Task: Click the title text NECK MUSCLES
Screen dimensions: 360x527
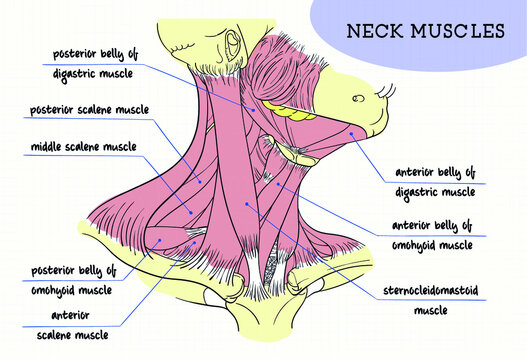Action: tap(425, 30)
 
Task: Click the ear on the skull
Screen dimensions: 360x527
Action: tap(233, 45)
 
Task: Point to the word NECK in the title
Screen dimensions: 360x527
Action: tap(375, 30)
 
